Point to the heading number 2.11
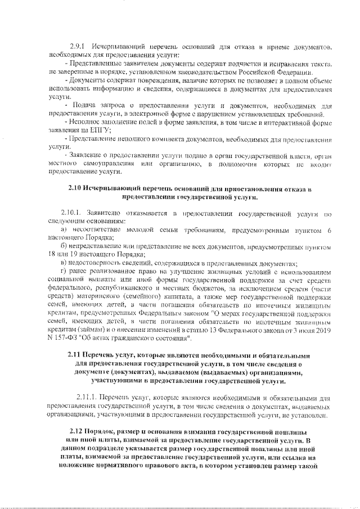pos(74,355)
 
